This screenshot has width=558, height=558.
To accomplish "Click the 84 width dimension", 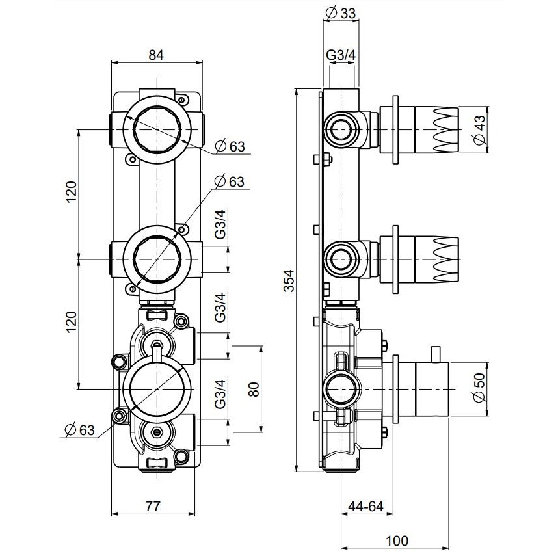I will pos(156,55).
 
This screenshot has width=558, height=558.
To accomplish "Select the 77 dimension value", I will pos(153,506).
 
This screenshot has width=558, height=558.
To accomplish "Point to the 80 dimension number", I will pos(254,389).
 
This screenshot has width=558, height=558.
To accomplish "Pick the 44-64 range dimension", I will pos(365,506).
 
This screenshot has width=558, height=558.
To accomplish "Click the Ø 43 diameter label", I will pos(481,128).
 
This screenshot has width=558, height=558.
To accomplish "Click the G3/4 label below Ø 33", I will pos(341,55).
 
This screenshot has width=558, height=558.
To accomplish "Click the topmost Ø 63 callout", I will pos(228,146).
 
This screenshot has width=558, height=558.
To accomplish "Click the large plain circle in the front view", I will pos(156,389).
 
